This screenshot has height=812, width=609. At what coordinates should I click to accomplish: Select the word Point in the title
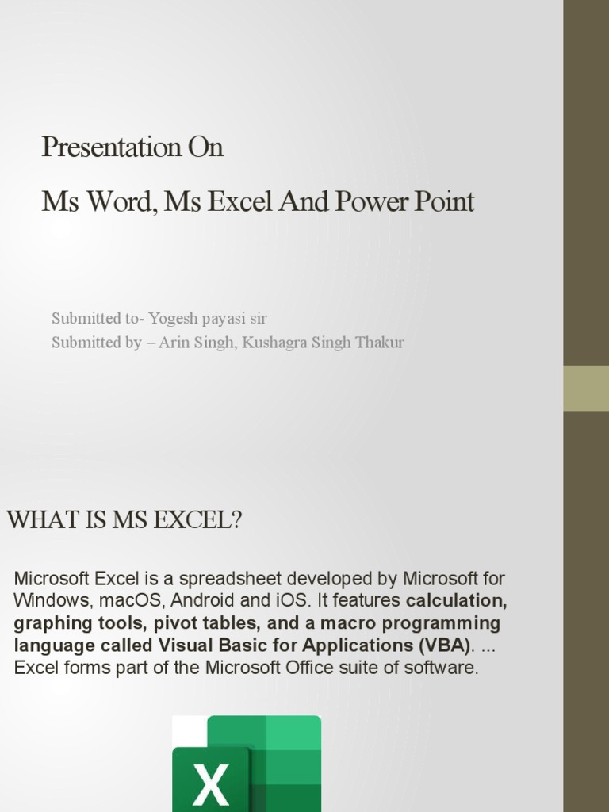444,201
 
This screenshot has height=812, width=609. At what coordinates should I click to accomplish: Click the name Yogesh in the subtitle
174,319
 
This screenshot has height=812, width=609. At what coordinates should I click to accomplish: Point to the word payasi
224,319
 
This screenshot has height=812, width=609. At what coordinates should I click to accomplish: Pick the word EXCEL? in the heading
197,520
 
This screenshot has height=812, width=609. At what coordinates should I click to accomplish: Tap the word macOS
132,601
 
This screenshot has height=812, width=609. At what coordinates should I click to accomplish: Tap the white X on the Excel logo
211,784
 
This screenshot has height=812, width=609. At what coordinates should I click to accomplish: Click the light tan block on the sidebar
586,389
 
